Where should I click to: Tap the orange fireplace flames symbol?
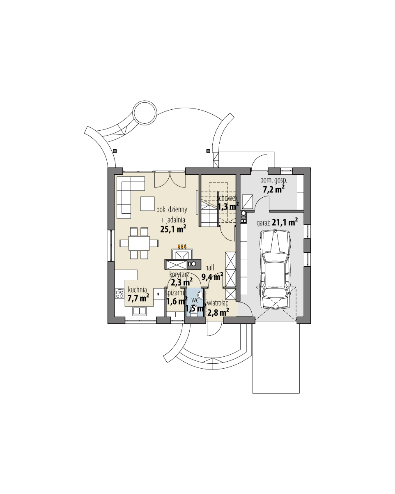(x=181, y=246)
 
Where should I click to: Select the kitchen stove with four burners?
(x=120, y=293)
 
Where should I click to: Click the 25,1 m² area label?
(x=171, y=229)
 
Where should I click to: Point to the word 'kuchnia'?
(x=137, y=289)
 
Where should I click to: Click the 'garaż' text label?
(x=263, y=223)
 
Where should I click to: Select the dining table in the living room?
(x=139, y=243)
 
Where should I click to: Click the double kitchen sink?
(x=140, y=311)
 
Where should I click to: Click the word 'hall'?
(x=209, y=268)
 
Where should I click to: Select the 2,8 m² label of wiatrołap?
(x=218, y=312)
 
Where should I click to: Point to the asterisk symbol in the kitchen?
(x=159, y=293)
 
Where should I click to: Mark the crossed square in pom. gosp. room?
(x=247, y=202)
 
